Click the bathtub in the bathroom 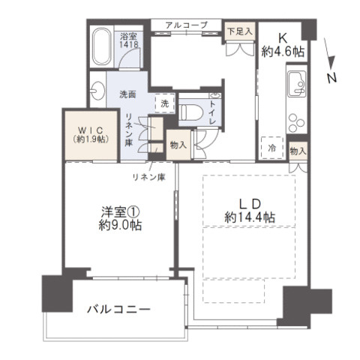pyautogui.click(x=102, y=46)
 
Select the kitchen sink pyautogui.click(x=297, y=84)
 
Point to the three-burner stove pyautogui.click(x=296, y=123)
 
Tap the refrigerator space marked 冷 pyautogui.click(x=272, y=148)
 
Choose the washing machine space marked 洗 pyautogui.click(x=165, y=103)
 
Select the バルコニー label pyautogui.click(x=118, y=310)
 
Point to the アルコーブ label pyautogui.click(x=187, y=25)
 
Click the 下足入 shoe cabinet pyautogui.click(x=240, y=31)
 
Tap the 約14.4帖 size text pyautogui.click(x=250, y=217)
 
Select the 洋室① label pyautogui.click(x=120, y=212)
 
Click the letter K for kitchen pyautogui.click(x=283, y=38)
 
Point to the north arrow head pyautogui.click(x=331, y=62)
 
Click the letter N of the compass pyautogui.click(x=332, y=78)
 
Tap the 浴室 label pyautogui.click(x=128, y=37)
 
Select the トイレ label pyautogui.click(x=213, y=112)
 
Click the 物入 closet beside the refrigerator pyautogui.click(x=298, y=151)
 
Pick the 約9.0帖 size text pyautogui.click(x=120, y=225)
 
